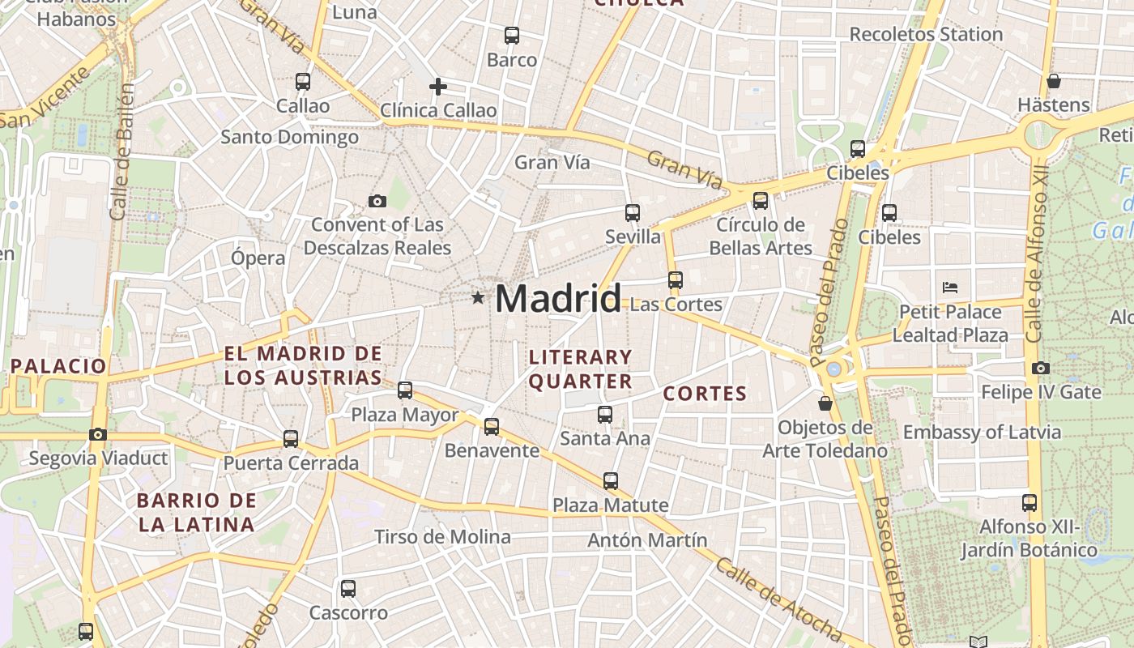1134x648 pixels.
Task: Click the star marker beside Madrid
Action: pos(478,298)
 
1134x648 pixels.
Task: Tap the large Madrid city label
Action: pos(558,299)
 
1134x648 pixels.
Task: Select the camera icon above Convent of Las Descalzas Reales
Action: pos(377,201)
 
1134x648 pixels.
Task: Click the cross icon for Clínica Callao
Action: pos(438,86)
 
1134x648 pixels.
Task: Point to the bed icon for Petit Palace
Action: pos(950,288)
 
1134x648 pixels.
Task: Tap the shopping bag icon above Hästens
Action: pos(1053,81)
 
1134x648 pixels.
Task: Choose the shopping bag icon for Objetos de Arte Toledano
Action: pos(825,403)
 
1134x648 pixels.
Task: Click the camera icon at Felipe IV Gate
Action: pos(1041,368)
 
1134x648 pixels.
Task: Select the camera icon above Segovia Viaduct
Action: pos(98,434)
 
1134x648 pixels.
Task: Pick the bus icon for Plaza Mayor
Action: pos(405,390)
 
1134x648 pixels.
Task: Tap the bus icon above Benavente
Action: pos(492,426)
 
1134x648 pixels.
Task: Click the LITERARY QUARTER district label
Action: pos(580,369)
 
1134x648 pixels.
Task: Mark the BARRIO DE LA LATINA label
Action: pos(196,512)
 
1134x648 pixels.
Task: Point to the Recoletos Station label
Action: pos(926,34)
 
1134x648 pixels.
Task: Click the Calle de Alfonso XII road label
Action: pos(1036,255)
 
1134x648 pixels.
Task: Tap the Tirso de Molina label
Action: pos(442,536)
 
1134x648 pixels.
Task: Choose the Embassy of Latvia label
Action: pos(982,432)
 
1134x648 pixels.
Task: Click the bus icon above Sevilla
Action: pos(633,213)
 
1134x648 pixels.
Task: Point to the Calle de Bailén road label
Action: pos(122,151)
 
